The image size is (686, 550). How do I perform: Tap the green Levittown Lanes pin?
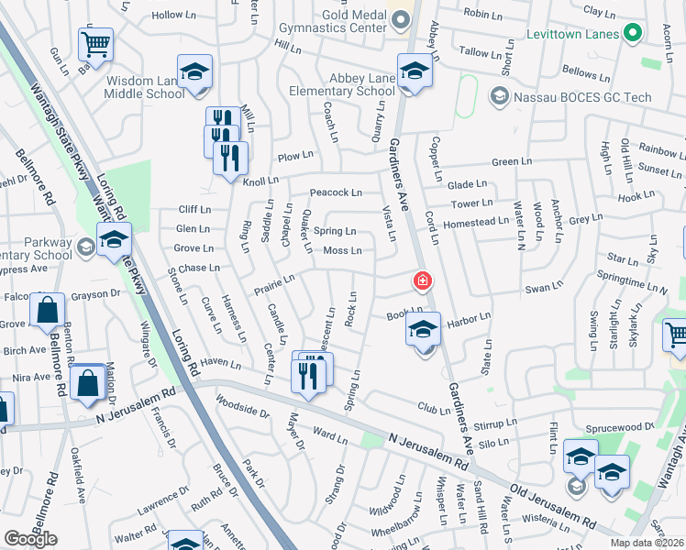[631, 35]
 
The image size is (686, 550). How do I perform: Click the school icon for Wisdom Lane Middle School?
[194, 72]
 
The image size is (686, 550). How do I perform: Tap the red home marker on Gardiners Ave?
[423, 281]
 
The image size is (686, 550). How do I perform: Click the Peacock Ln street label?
[336, 192]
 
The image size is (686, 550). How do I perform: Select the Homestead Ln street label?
[475, 222]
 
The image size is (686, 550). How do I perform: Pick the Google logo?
[30, 539]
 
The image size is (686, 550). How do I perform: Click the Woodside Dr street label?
[241, 406]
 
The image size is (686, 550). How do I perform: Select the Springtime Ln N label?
[632, 280]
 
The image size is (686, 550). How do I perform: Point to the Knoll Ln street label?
[266, 181]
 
